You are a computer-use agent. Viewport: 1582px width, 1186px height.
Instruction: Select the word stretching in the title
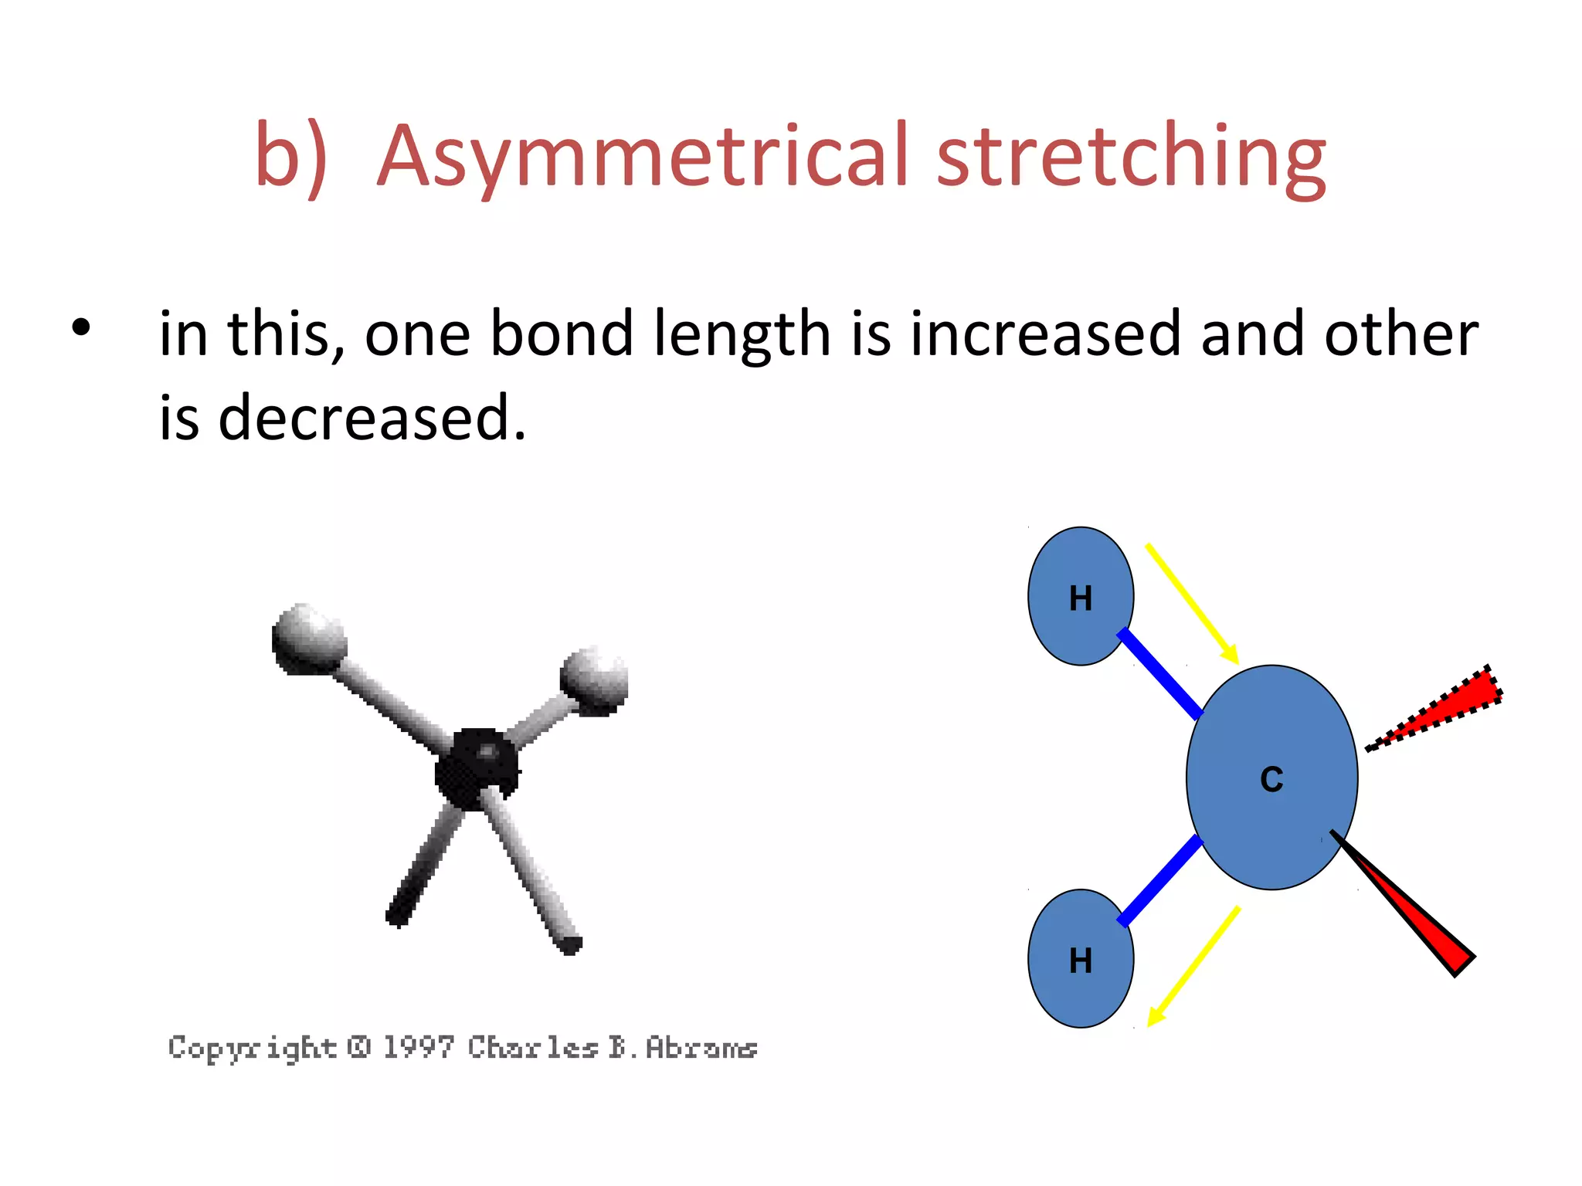[x=1131, y=157]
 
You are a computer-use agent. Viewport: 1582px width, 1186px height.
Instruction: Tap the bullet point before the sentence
[x=80, y=327]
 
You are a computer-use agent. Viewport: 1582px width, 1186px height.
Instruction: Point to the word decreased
[x=371, y=418]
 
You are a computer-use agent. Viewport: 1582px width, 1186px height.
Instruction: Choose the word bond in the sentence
[x=562, y=334]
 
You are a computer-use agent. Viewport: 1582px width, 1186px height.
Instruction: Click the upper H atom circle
[x=1080, y=596]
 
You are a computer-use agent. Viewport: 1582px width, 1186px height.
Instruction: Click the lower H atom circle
[x=1080, y=959]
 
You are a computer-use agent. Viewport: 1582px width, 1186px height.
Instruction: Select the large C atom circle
[x=1271, y=778]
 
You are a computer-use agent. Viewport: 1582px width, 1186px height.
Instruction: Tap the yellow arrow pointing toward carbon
[x=1192, y=603]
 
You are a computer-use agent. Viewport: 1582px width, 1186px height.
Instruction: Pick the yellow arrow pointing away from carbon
[x=1193, y=967]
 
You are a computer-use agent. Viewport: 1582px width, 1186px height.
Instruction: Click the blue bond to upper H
[x=1160, y=674]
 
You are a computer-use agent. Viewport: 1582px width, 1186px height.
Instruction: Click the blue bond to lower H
[x=1160, y=881]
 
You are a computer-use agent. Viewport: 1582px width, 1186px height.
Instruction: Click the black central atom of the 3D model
[x=477, y=768]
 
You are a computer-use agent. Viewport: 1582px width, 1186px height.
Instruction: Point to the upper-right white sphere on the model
[x=594, y=679]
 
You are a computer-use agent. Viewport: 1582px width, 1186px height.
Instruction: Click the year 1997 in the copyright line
[x=418, y=1047]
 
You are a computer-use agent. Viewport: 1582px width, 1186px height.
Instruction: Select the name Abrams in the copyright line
[x=701, y=1047]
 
